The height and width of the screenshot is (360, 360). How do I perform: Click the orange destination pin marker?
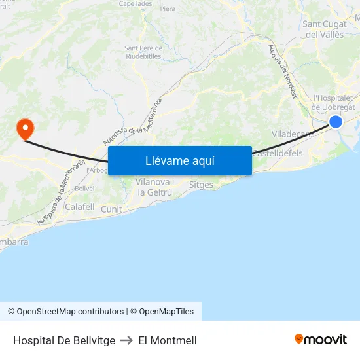[x=25, y=128]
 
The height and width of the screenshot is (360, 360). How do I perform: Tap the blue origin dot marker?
[x=335, y=121]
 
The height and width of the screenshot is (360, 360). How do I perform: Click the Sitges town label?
[x=201, y=185]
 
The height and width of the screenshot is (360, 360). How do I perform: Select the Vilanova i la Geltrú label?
[x=154, y=187]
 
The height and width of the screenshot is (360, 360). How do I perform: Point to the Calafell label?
[x=80, y=207]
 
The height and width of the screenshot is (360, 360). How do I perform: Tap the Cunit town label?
[x=111, y=209]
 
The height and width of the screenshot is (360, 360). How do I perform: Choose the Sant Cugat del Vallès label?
[x=325, y=29]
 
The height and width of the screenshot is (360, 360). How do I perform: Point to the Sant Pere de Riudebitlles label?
[x=143, y=52]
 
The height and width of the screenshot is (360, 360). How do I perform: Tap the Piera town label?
[x=168, y=9]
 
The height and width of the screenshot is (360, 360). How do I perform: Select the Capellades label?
[x=135, y=3]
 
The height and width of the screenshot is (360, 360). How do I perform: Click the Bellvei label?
[x=84, y=188]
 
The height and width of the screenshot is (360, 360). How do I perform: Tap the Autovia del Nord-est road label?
[x=283, y=71]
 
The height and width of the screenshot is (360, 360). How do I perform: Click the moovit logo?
[x=321, y=340]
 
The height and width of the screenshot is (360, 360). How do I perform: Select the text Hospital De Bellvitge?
[x=64, y=340]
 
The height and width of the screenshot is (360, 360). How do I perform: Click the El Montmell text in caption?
[x=168, y=340]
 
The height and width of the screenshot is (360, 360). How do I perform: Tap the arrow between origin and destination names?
[x=127, y=340]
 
